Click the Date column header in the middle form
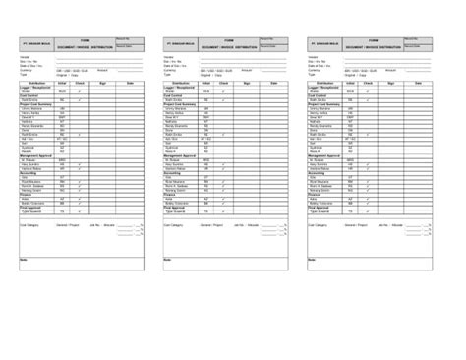coord(276,85)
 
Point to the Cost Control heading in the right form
coord(321,95)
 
